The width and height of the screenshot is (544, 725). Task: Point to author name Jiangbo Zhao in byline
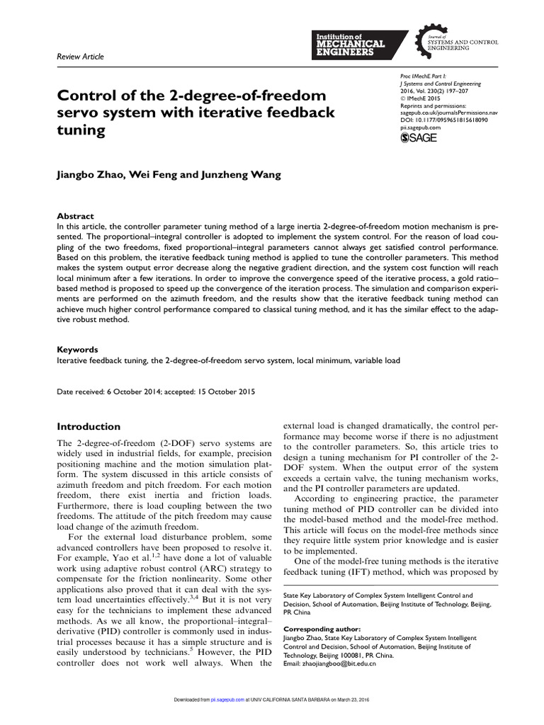[x=89, y=174]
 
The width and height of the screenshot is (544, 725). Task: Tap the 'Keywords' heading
[x=78, y=349]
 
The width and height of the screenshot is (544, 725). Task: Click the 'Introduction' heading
[x=89, y=426]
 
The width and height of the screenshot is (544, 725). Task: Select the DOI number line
[x=445, y=120]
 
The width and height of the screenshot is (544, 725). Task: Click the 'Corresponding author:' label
[x=322, y=628]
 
